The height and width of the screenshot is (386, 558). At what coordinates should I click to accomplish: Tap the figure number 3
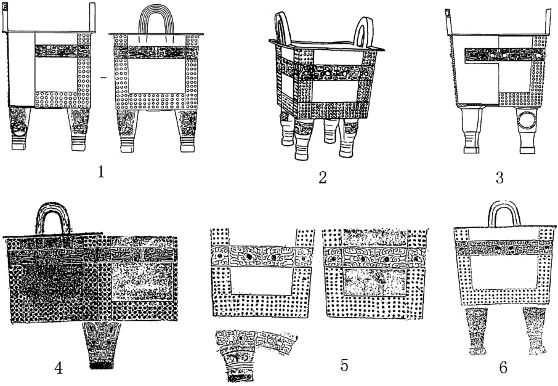(499, 178)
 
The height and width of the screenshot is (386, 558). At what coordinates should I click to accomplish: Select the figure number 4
(59, 368)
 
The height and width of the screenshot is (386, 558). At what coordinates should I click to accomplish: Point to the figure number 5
(345, 364)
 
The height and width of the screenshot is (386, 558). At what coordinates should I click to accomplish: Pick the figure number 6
(503, 368)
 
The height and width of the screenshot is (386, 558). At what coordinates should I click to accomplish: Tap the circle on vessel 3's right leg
(527, 121)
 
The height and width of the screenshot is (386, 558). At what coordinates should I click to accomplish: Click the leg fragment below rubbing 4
(99, 345)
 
